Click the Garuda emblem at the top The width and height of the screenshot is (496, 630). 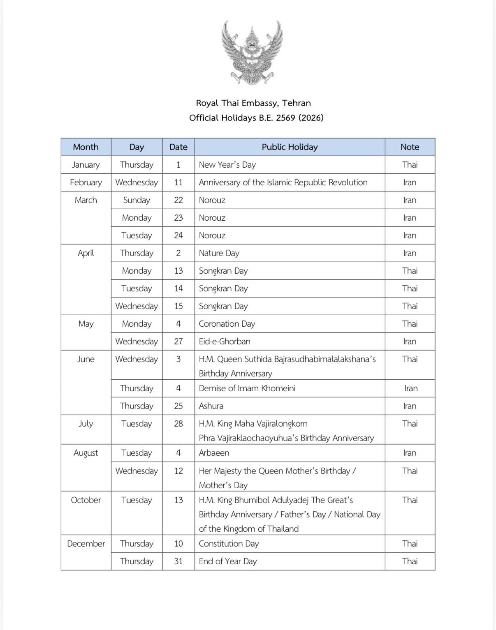252,52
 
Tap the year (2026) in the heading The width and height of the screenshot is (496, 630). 311,118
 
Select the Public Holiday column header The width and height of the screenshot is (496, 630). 290,147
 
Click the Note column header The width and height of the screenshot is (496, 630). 410,147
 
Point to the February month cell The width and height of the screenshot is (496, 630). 86,182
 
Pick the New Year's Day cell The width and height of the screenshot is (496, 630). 227,164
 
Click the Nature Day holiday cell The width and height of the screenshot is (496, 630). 219,253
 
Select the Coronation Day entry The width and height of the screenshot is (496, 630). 227,323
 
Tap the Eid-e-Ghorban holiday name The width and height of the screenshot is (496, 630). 224,341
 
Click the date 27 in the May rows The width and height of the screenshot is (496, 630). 178,341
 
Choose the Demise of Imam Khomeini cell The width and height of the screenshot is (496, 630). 247,388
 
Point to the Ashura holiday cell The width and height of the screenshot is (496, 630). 211,406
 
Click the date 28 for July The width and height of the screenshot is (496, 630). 178,423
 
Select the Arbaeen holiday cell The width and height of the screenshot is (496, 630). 214,452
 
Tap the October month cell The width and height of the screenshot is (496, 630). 86,500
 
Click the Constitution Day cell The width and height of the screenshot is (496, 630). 229,543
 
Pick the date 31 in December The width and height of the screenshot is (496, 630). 178,561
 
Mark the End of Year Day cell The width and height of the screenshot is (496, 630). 227,561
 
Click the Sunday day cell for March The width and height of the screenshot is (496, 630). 137,200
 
